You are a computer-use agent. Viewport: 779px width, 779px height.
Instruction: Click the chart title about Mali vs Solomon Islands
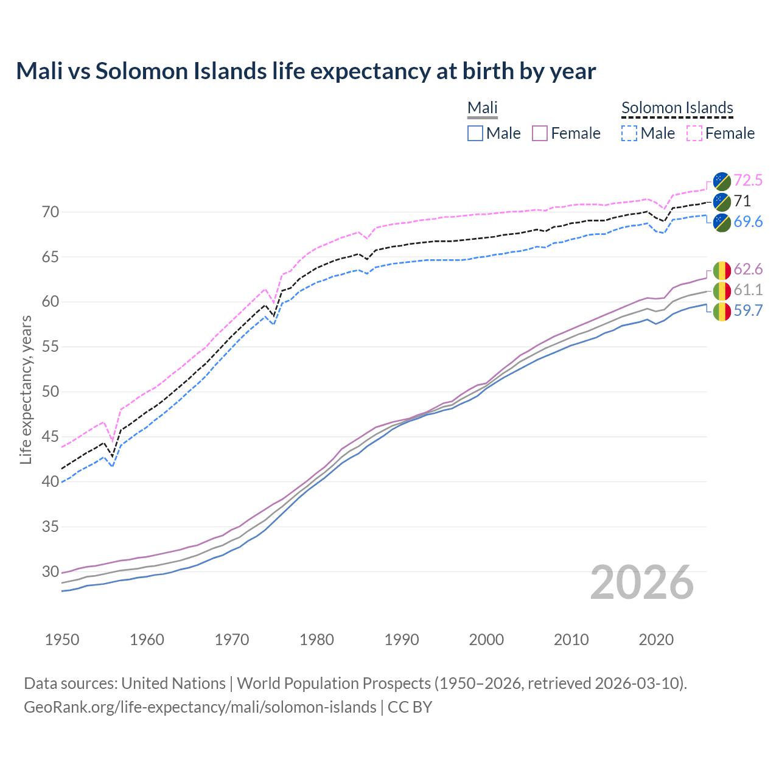click(x=306, y=71)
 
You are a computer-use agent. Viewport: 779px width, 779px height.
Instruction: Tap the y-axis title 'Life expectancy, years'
click(x=26, y=389)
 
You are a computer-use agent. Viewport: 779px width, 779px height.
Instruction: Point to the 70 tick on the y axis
click(x=51, y=212)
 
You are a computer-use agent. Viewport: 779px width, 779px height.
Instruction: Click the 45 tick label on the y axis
click(x=51, y=436)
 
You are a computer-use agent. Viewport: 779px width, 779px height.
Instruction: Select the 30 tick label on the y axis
click(x=51, y=571)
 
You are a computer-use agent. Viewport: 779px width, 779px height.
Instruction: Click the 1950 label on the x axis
click(x=62, y=640)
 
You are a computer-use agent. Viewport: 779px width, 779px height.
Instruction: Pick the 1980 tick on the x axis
click(x=316, y=640)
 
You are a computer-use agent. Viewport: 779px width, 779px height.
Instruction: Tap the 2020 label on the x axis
click(x=656, y=640)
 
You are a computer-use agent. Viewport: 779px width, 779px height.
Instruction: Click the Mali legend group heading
click(x=482, y=108)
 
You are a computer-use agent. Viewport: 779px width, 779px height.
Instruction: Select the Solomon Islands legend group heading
click(x=677, y=108)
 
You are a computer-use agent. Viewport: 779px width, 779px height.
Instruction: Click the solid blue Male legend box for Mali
click(x=475, y=133)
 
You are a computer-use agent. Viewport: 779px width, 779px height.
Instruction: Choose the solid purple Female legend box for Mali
click(x=540, y=133)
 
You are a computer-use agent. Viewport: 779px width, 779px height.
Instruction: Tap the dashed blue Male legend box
click(x=629, y=133)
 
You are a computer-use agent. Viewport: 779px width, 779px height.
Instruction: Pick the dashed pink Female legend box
click(x=694, y=133)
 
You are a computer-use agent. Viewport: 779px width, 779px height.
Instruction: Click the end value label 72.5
click(x=748, y=180)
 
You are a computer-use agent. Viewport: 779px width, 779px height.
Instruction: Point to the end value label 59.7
click(x=748, y=311)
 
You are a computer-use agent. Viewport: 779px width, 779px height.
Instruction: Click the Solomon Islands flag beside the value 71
click(x=722, y=201)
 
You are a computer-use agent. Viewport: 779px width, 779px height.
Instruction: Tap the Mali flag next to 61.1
click(x=722, y=290)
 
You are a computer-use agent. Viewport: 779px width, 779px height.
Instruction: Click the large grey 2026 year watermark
click(x=641, y=582)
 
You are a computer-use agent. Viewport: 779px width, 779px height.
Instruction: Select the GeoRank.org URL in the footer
click(x=200, y=707)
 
